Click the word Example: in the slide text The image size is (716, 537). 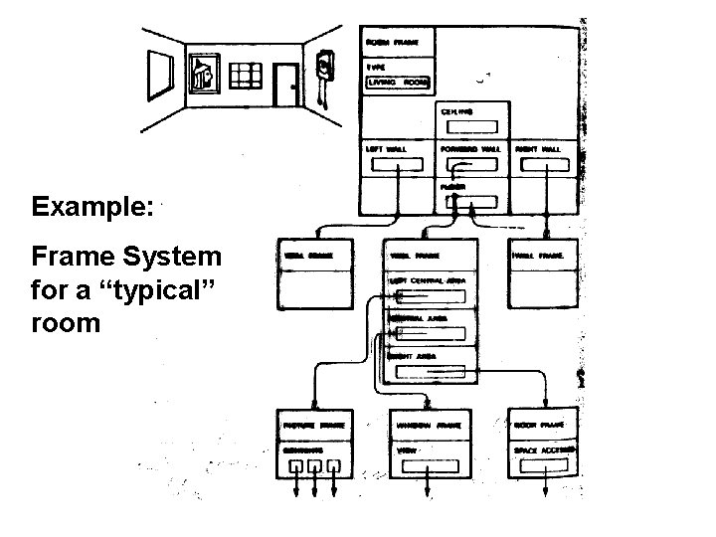pos(92,208)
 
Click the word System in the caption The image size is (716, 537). pos(171,257)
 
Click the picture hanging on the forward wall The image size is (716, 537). pos(203,72)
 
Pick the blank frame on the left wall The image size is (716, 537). pos(159,73)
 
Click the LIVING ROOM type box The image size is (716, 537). pos(397,83)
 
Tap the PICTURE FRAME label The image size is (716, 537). pos(312,426)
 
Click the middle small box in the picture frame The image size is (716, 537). pos(314,464)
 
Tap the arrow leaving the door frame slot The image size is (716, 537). pos(543,487)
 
